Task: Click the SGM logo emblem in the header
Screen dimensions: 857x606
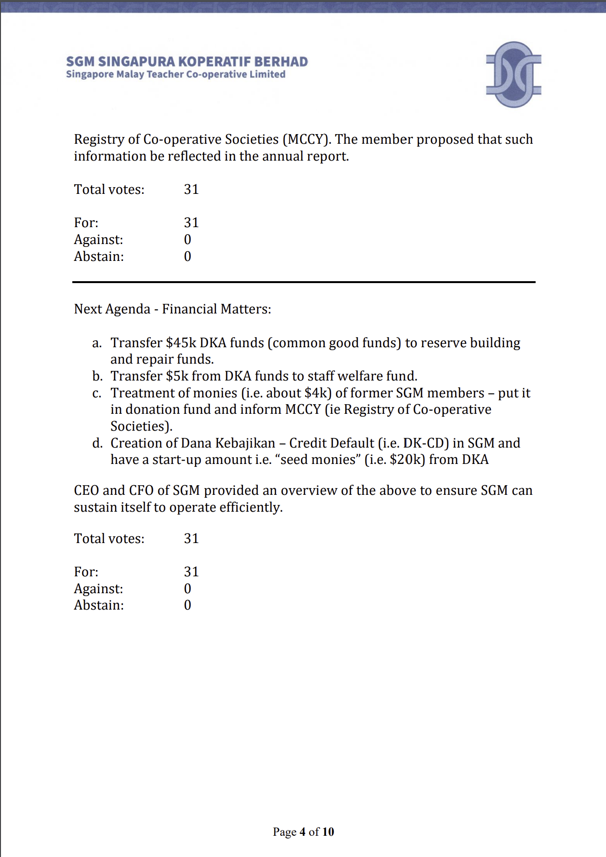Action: click(x=513, y=74)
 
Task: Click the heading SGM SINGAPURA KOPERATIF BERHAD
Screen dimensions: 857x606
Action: click(x=187, y=62)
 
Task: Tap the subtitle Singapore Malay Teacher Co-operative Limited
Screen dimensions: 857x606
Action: click(x=175, y=74)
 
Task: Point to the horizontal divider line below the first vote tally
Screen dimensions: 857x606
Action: click(x=304, y=282)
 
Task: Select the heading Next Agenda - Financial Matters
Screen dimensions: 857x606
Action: click(x=172, y=309)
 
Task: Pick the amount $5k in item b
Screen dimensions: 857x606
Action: click(x=177, y=376)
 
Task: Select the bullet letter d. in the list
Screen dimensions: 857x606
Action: click(x=97, y=443)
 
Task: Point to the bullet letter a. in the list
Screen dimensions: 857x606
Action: click(x=97, y=343)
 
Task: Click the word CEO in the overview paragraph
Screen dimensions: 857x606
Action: click(x=86, y=490)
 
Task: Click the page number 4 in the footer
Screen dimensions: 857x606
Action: click(x=302, y=832)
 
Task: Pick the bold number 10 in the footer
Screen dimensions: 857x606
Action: click(x=328, y=832)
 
